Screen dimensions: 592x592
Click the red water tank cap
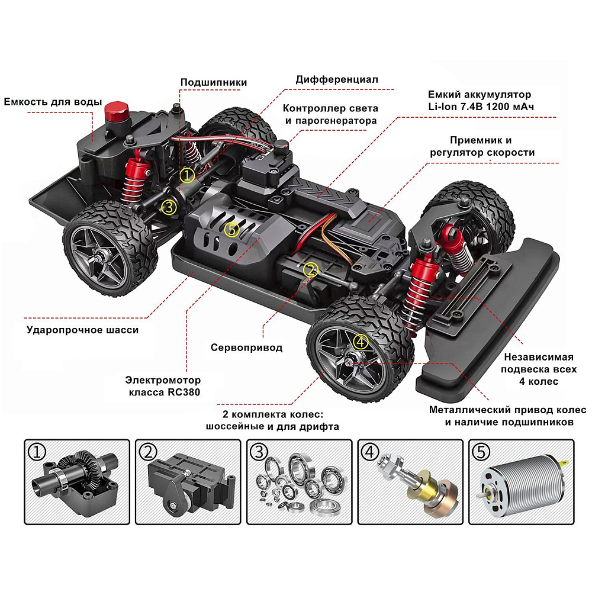coord(117,112)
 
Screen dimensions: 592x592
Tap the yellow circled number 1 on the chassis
coord(187,176)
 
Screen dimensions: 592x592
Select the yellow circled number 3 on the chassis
coord(169,207)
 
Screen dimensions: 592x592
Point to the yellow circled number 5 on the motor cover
coord(231,229)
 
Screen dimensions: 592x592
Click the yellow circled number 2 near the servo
coord(310,270)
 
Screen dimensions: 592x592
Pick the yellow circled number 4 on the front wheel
coord(361,342)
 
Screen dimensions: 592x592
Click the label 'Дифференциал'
coord(336,80)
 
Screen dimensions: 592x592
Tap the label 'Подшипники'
coord(214,82)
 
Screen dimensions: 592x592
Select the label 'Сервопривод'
coord(246,348)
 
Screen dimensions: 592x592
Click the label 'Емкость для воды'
coord(53,102)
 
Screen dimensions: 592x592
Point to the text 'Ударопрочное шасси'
coord(83,330)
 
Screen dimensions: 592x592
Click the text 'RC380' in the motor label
coord(184,392)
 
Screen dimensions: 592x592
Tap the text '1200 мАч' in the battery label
coord(510,107)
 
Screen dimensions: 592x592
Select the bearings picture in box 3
coord(299,483)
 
